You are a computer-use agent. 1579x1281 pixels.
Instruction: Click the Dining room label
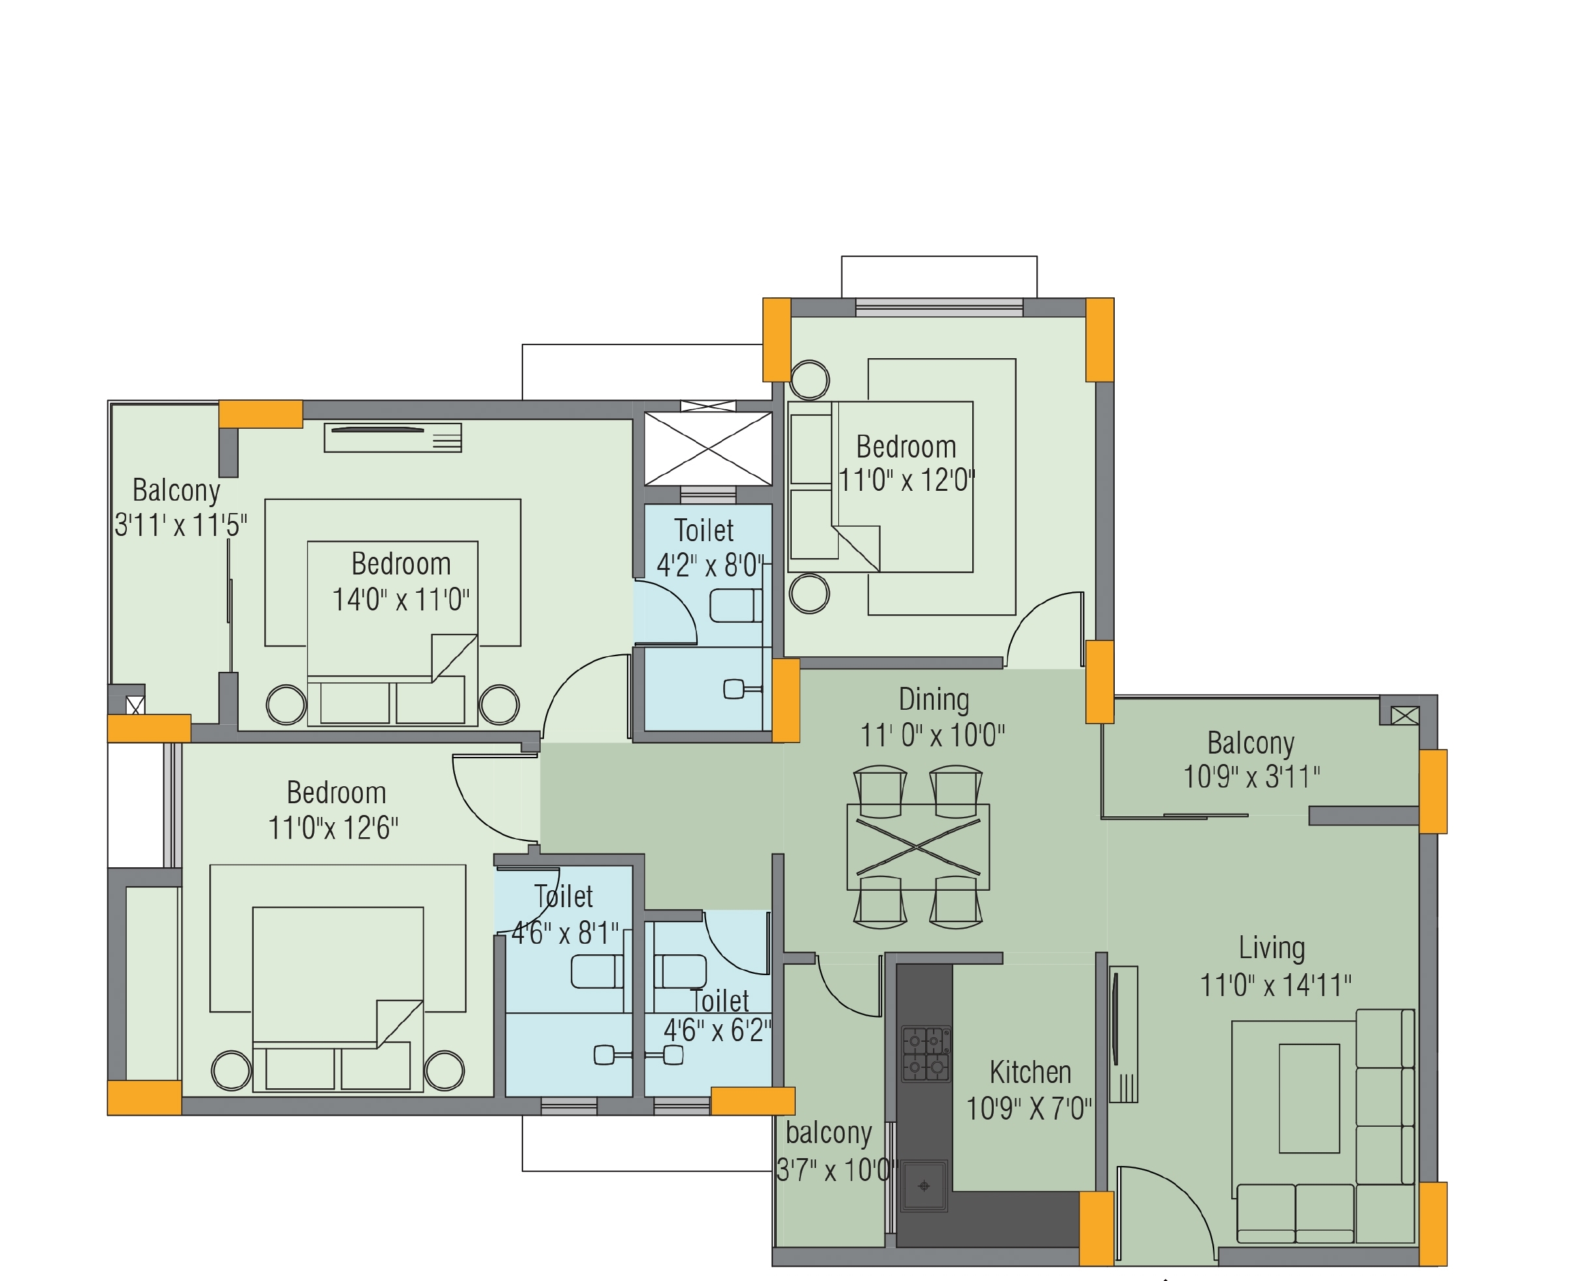click(934, 699)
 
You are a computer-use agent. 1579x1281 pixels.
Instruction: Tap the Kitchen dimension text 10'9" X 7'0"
click(1029, 1108)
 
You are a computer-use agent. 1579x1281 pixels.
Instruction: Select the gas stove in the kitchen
click(926, 1054)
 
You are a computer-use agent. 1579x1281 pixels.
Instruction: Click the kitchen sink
click(923, 1186)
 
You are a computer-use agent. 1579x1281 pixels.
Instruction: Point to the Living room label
click(1272, 948)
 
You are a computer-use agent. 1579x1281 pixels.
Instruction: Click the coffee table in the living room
click(1310, 1098)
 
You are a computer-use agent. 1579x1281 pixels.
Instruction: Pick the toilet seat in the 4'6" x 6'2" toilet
click(680, 972)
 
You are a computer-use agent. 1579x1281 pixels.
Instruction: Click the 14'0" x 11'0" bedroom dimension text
click(401, 600)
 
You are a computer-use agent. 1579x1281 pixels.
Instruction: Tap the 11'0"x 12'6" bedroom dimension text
click(333, 828)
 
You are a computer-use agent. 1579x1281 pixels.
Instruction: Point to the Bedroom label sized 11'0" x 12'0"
click(906, 446)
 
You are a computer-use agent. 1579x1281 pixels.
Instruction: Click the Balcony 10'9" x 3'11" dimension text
click(1252, 776)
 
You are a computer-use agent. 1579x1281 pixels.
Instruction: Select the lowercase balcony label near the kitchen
click(828, 1133)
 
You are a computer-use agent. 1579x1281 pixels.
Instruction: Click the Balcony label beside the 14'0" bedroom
click(177, 490)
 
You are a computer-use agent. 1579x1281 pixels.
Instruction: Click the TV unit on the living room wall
click(1123, 1034)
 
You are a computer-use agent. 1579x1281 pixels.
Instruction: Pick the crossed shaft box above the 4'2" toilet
click(708, 448)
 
